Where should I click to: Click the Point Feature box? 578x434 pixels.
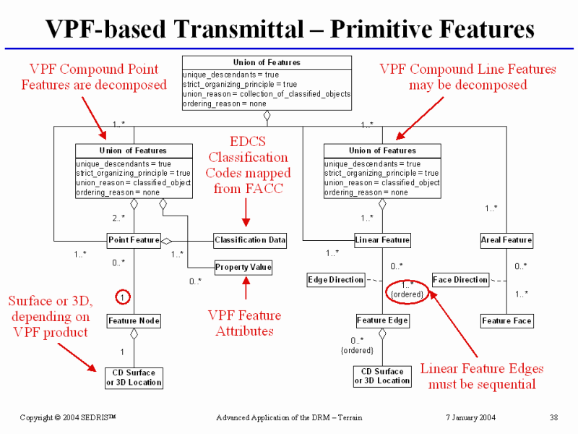click(134, 239)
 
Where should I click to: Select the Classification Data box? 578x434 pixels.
click(250, 239)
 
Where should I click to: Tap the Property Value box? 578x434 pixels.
click(243, 267)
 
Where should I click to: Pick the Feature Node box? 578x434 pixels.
click(134, 320)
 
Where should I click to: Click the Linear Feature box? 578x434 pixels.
click(382, 239)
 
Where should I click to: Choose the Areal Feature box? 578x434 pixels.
click(506, 239)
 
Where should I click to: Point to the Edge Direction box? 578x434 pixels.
click(336, 280)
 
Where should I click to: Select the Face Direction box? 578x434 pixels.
click(460, 280)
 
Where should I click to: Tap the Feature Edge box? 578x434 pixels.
click(382, 320)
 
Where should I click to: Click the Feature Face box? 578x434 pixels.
click(506, 320)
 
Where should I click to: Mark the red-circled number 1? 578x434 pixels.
click(124, 296)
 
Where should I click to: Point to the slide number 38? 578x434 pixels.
click(553, 417)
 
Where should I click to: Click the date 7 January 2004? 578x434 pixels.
click(471, 417)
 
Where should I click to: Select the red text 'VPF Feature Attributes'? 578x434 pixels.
click(244, 323)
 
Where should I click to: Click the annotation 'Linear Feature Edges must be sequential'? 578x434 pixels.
click(482, 376)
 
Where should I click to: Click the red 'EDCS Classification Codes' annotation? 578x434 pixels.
click(248, 165)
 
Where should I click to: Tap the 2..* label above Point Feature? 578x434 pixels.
click(119, 218)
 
